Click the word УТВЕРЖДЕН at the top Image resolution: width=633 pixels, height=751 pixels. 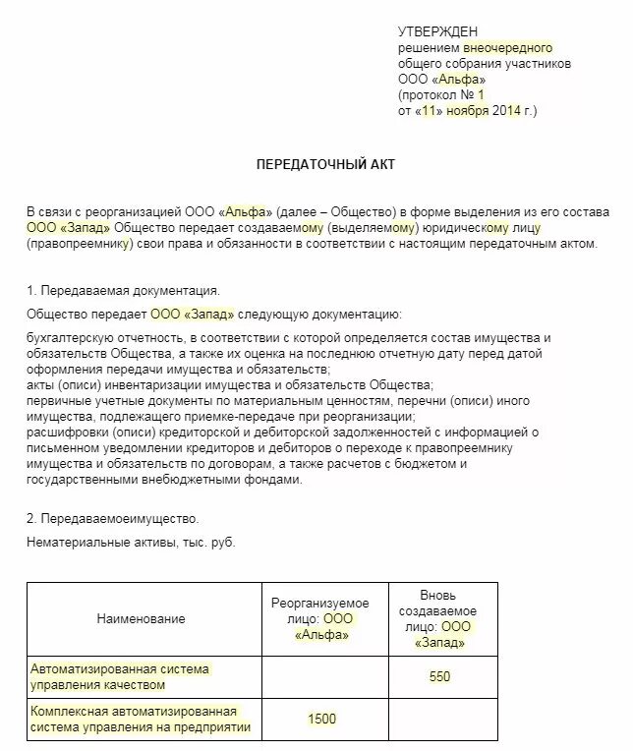click(x=438, y=32)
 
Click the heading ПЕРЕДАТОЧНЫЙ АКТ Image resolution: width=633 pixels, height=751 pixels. click(x=325, y=164)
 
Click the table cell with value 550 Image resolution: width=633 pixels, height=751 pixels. click(x=439, y=676)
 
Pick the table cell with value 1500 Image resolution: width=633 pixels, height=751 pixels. click(x=321, y=719)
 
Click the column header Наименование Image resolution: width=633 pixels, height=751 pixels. click(x=141, y=618)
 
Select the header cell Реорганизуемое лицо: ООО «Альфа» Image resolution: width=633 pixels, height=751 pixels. click(x=321, y=618)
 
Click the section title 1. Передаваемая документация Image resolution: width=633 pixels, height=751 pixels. click(x=123, y=291)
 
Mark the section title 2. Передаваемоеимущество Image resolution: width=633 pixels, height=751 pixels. click(x=113, y=518)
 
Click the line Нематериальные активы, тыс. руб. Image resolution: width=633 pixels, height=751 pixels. click(x=132, y=542)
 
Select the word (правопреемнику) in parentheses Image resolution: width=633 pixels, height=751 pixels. click(x=80, y=243)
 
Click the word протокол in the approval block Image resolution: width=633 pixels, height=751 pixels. click(x=432, y=95)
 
